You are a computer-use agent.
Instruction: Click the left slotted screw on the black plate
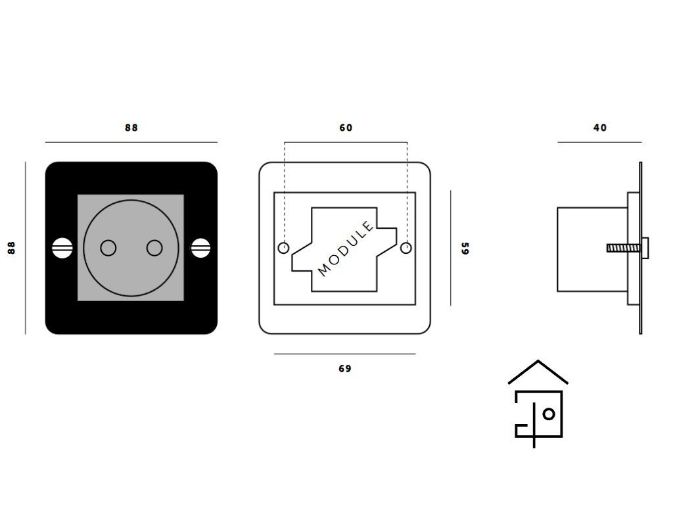coord(61,248)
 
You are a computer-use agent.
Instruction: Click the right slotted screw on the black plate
coord(200,248)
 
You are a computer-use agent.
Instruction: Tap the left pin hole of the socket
coord(108,248)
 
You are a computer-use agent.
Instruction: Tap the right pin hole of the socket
coord(154,248)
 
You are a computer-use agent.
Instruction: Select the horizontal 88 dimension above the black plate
coord(131,128)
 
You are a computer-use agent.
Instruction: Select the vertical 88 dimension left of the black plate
coord(11,248)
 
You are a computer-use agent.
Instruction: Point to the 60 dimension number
coord(346,128)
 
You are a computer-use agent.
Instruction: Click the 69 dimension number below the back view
coord(345,369)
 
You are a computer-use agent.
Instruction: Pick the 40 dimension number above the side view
coord(600,128)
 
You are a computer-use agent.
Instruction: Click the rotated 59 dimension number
coord(465,249)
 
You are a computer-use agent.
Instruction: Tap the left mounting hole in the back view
coord(284,248)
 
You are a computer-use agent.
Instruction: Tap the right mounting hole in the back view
coord(406,248)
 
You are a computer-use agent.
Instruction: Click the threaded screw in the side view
coord(620,248)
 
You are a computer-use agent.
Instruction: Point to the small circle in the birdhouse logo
coord(549,414)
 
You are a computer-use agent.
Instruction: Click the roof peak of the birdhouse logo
coord(538,362)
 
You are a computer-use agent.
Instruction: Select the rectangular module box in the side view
coord(592,249)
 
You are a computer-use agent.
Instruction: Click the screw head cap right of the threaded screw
coord(646,248)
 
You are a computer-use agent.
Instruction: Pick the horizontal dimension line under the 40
coord(599,142)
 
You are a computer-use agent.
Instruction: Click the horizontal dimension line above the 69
coord(345,354)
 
